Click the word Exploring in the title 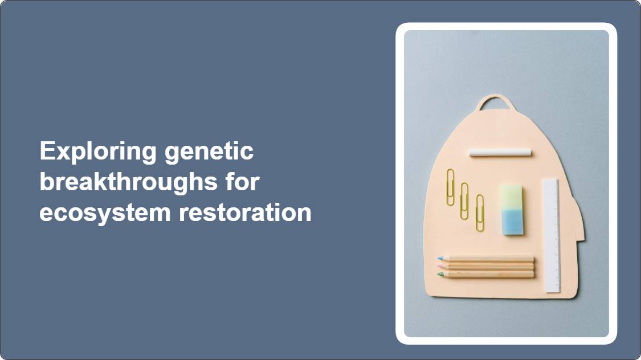[98, 152]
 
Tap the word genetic [209, 152]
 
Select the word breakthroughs [128, 182]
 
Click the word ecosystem [105, 213]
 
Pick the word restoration [245, 212]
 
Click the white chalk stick [500, 153]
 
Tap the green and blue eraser [512, 210]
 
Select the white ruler [552, 236]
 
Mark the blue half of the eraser [513, 222]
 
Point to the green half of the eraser [512, 197]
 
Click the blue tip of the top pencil [440, 258]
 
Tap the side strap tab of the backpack [580, 220]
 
